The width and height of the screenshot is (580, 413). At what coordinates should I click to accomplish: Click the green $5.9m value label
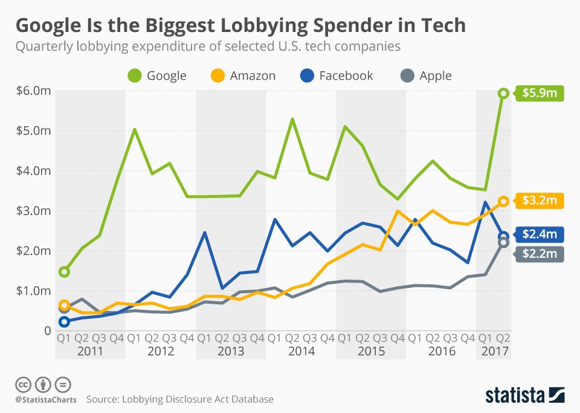point(540,94)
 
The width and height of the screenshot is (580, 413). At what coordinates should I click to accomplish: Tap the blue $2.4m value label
point(540,234)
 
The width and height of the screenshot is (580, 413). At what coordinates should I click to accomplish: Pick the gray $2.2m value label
point(540,254)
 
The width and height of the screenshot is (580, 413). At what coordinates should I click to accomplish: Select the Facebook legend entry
point(337,75)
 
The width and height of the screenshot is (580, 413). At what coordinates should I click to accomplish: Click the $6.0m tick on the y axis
point(33,91)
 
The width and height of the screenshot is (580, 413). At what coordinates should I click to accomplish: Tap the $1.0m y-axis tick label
point(33,290)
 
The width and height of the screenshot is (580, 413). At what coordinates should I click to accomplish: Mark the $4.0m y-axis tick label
point(33,171)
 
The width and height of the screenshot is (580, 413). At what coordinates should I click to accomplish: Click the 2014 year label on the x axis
point(301,351)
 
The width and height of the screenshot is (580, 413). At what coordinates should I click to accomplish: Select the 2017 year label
point(494,351)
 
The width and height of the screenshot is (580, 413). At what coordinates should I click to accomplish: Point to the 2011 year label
point(90,351)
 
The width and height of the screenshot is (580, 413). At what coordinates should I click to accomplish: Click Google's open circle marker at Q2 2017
point(503,93)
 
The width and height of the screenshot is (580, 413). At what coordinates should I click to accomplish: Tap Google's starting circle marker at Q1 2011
point(64,272)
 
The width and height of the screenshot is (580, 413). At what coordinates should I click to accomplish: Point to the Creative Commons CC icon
point(23,384)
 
